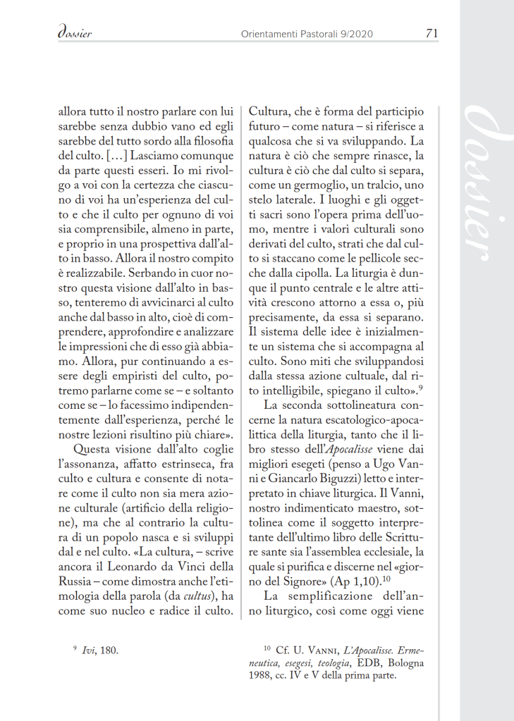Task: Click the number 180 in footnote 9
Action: [x=109, y=649]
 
